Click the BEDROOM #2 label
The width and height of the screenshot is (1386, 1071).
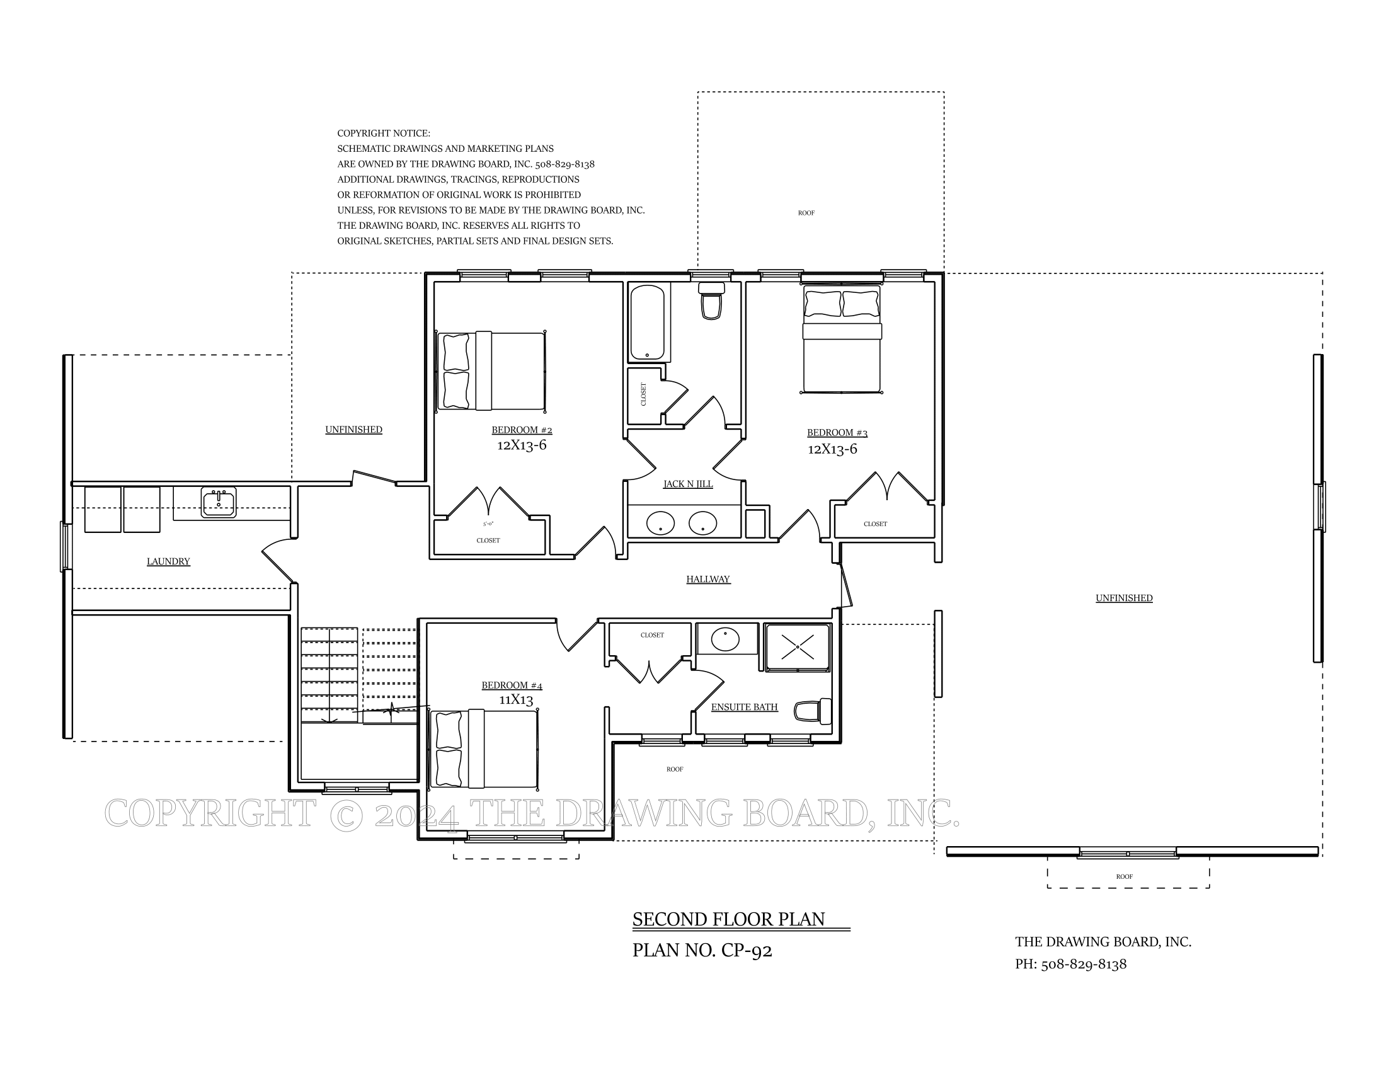coord(522,430)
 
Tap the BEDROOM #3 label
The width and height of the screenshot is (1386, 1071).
coord(837,433)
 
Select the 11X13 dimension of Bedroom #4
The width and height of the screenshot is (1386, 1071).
coord(516,700)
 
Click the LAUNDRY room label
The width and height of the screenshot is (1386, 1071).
coord(168,561)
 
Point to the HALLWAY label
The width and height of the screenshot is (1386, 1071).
coord(708,579)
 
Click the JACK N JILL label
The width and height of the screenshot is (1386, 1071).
coord(688,484)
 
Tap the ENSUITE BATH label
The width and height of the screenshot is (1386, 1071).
coord(745,707)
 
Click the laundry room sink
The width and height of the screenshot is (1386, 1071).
coord(219,502)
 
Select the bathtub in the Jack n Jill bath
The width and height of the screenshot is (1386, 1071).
coord(647,323)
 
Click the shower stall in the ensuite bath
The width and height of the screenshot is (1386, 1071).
coord(798,647)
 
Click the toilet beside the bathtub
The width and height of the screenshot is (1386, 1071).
coord(711,301)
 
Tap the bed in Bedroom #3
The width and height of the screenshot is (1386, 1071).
coord(842,340)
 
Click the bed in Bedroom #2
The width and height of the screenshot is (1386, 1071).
coord(492,370)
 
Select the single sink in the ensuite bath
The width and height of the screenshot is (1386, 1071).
coord(724,639)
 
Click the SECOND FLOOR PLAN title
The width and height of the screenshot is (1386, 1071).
coord(728,919)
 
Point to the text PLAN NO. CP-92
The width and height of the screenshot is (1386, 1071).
coord(702,951)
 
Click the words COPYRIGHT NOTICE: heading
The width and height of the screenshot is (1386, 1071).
coord(383,133)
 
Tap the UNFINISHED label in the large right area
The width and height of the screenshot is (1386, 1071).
coord(1124,598)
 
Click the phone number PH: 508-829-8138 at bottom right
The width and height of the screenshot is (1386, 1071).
coord(1070,965)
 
